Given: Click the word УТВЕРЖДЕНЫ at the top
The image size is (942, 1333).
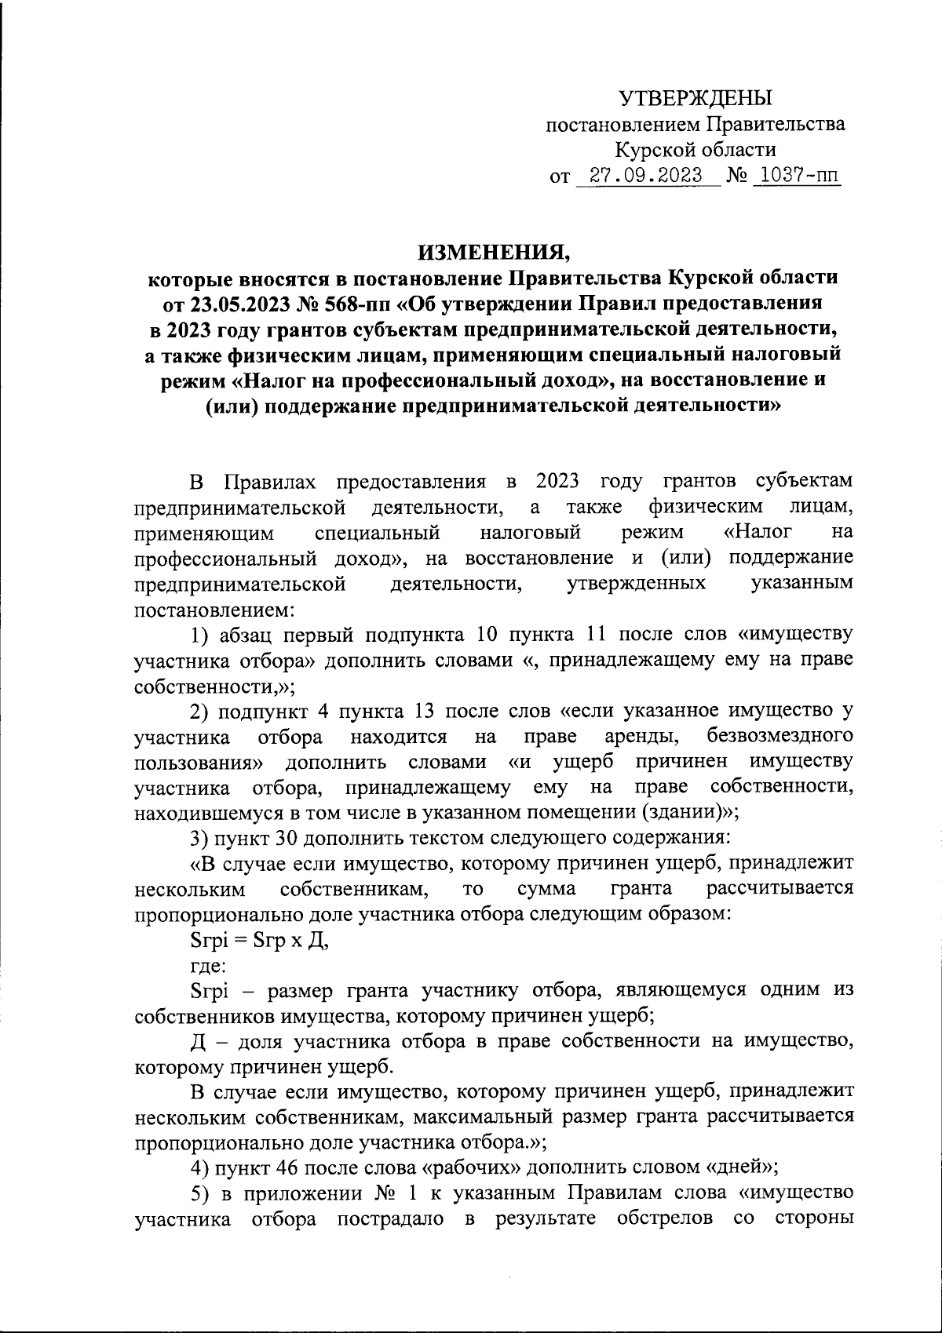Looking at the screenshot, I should click(x=696, y=98).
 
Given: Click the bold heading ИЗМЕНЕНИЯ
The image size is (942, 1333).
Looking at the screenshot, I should click(x=493, y=253).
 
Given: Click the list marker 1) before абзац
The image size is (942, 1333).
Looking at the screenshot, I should click(x=200, y=635).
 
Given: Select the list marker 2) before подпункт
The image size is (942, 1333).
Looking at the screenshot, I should click(x=200, y=712).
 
